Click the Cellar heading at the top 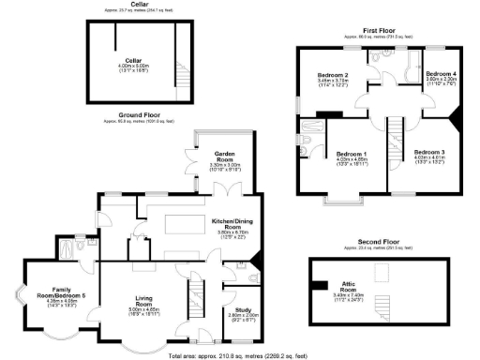pos(139,5)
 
